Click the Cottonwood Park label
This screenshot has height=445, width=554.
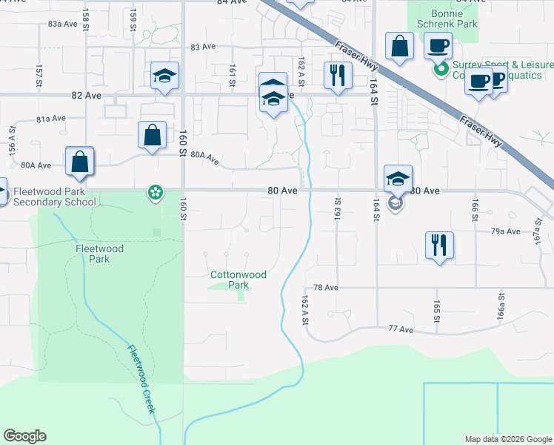[238, 280]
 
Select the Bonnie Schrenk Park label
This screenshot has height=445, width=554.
[444, 18]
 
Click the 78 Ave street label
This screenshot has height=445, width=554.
[325, 288]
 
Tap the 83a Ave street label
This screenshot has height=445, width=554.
[63, 24]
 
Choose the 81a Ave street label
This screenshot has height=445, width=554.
[53, 119]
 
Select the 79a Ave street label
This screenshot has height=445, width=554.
[507, 231]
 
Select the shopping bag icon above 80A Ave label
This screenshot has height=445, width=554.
[152, 135]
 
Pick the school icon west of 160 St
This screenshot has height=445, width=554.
[165, 75]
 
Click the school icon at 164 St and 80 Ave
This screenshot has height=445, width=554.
[398, 179]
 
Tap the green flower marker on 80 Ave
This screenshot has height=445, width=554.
[156, 194]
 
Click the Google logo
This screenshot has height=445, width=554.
[24, 436]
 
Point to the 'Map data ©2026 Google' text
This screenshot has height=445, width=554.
[507, 439]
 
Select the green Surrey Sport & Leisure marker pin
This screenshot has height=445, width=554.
[441, 70]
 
